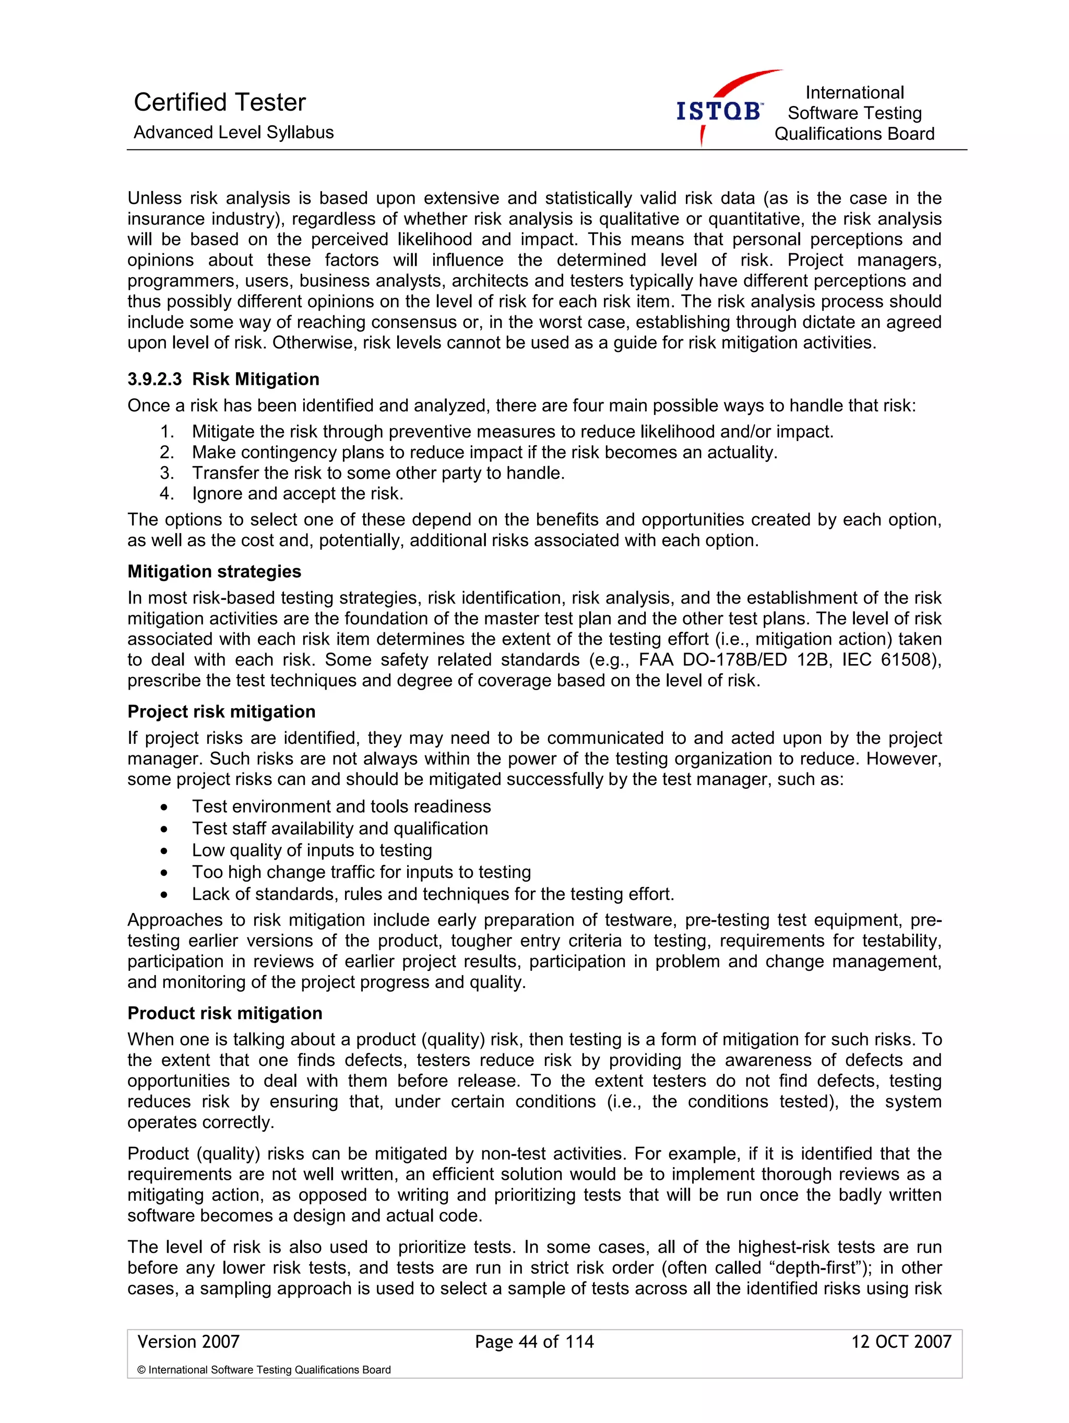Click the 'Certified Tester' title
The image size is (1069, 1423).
tap(219, 102)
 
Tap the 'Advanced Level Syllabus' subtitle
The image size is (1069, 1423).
tap(233, 133)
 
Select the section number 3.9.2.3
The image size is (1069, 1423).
tap(155, 379)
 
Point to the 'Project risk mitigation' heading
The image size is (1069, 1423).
tap(221, 711)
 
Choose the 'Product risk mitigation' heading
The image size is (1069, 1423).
tap(224, 1013)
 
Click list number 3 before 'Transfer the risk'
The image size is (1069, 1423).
tap(167, 473)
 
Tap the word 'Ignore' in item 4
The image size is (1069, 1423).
tap(218, 493)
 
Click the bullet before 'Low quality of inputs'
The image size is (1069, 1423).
tap(164, 851)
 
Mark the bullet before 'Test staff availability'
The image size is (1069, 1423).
tap(164, 829)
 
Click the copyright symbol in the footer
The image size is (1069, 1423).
tap(141, 1370)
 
